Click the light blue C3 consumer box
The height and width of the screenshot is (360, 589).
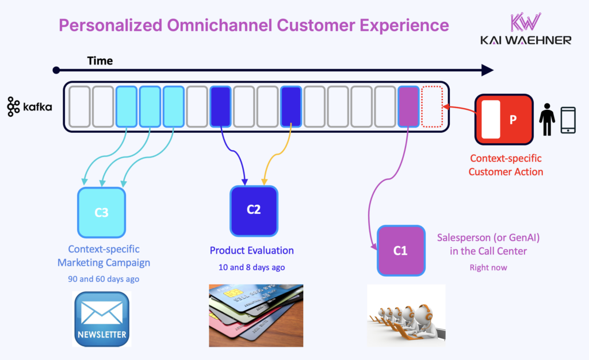(x=101, y=212)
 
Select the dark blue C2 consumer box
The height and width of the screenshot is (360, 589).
(x=254, y=210)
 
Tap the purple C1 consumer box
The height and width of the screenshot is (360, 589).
(x=401, y=251)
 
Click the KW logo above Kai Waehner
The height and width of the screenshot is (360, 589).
(x=526, y=21)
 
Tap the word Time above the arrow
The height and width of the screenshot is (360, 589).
(x=100, y=60)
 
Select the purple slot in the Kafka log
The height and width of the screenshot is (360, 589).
(x=408, y=106)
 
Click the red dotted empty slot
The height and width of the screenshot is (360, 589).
(x=432, y=106)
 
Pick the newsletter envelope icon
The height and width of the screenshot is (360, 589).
(x=102, y=319)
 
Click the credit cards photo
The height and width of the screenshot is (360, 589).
(x=255, y=315)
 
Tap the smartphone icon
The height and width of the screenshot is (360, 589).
(x=568, y=120)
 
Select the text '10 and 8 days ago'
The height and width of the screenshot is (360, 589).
(x=252, y=267)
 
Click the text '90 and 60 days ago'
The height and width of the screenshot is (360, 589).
(x=104, y=279)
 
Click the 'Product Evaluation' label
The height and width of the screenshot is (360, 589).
(x=251, y=251)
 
